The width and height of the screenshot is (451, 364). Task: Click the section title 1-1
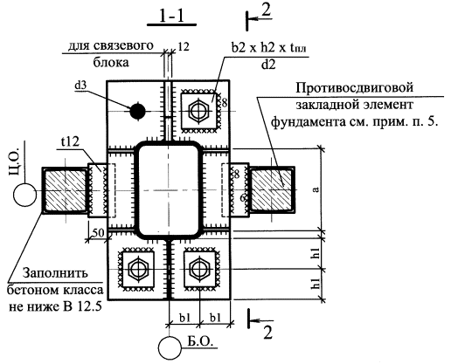tap(171, 17)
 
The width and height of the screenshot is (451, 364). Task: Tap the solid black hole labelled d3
tap(137, 111)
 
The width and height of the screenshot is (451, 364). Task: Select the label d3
tap(80, 86)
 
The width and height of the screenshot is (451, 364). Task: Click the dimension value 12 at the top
tap(184, 46)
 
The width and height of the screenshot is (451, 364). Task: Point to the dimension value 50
tap(100, 233)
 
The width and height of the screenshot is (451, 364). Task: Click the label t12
tap(70, 142)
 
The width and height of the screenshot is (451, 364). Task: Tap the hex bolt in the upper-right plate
tap(199, 111)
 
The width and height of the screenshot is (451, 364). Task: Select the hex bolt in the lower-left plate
tap(137, 270)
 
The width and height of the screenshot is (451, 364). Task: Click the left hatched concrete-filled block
tap(66, 190)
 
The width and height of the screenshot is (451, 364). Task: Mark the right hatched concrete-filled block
tap(271, 190)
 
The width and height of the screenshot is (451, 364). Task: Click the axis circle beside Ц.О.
tap(24, 195)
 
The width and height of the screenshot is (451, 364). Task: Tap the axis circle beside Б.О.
tap(170, 347)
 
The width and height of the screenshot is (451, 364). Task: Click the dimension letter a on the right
tap(316, 189)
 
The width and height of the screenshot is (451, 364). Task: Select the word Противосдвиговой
tap(355, 87)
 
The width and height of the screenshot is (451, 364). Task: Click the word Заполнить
tap(55, 273)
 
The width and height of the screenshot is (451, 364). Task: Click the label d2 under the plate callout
tap(268, 65)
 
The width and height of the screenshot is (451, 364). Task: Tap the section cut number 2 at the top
tap(267, 10)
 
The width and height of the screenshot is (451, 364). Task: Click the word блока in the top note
tap(111, 62)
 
